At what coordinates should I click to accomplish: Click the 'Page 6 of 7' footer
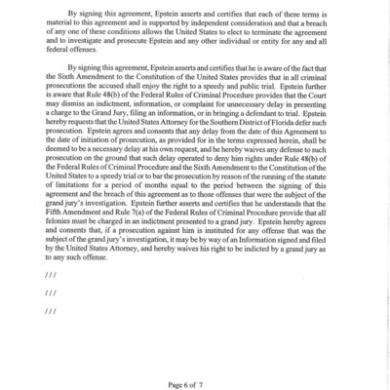click(x=194, y=374)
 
